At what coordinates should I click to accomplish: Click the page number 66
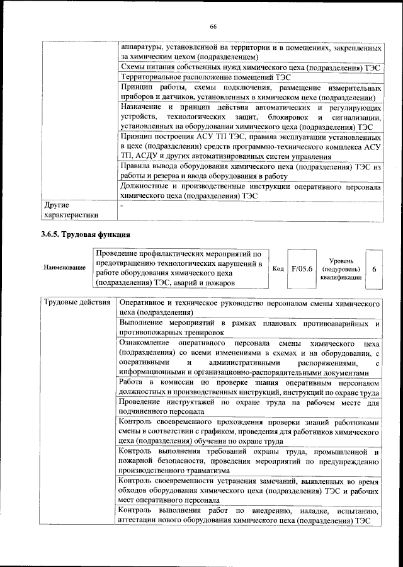213,26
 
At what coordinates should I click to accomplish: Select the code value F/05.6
302,269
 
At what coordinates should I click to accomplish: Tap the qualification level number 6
375,269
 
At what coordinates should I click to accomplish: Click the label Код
278,269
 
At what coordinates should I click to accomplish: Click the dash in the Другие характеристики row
123,205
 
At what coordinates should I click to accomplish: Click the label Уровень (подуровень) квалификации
340,269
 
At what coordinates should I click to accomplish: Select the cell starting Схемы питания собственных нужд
249,67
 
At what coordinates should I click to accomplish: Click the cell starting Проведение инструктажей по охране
249,406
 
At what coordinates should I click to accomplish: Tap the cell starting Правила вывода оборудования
249,171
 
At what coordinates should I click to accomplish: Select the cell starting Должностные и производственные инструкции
249,192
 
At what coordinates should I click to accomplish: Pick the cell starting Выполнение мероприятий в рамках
249,328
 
